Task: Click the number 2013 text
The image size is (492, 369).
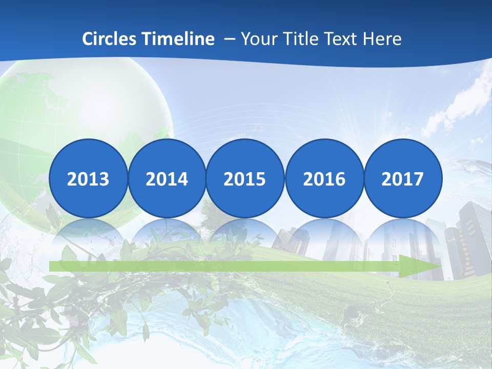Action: pos(88,179)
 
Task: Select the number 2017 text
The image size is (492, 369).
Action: pos(402,179)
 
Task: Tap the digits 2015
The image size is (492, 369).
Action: pos(245,179)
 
